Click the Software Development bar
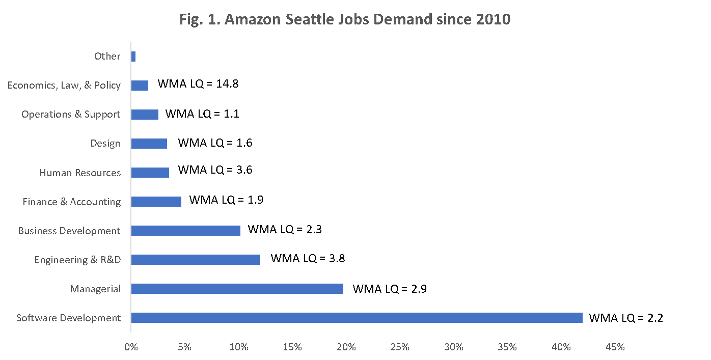pyautogui.click(x=357, y=318)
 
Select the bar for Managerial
pyautogui.click(x=237, y=289)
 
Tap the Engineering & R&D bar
pyautogui.click(x=196, y=260)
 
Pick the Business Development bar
pyautogui.click(x=185, y=231)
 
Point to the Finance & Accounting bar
pyautogui.click(x=156, y=202)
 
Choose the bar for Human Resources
pyautogui.click(x=150, y=173)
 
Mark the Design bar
pyautogui.click(x=149, y=144)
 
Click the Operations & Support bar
pyautogui.click(x=145, y=115)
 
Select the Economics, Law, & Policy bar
pyautogui.click(x=140, y=86)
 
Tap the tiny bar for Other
pyautogui.click(x=133, y=57)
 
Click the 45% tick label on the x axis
pyautogui.click(x=615, y=347)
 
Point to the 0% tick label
pyautogui.click(x=131, y=347)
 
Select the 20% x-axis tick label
pyautogui.click(x=346, y=347)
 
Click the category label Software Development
pyautogui.click(x=69, y=318)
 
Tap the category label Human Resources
pyautogui.click(x=80, y=173)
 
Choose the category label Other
pyautogui.click(x=107, y=56)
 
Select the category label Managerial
pyautogui.click(x=96, y=289)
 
